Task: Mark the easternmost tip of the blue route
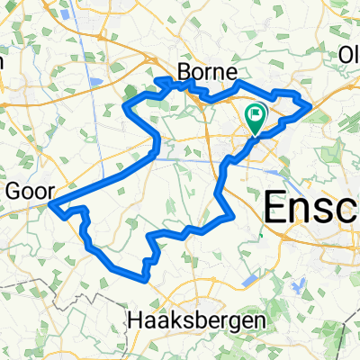click(310, 107)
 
